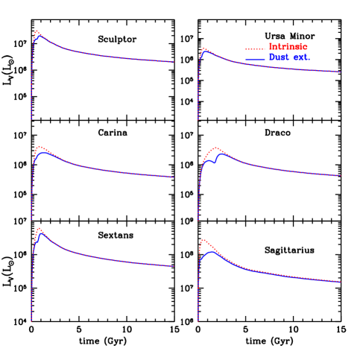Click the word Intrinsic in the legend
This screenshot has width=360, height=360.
tap(288, 47)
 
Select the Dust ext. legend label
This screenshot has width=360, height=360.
tap(288, 57)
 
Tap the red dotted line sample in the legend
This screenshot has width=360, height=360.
tap(255, 48)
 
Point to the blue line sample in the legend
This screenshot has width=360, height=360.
tap(255, 58)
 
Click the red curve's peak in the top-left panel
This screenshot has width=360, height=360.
tap(37, 31)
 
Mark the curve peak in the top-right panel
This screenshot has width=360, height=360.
tap(204, 49)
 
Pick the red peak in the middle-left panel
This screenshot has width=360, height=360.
tap(40, 147)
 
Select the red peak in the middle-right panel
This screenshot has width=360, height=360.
tap(216, 148)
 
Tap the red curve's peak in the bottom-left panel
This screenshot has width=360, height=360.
tap(39, 229)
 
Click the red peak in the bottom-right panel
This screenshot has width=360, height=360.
tap(203, 240)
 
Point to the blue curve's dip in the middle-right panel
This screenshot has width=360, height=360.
tap(213, 161)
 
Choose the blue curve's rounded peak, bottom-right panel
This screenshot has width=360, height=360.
tap(212, 252)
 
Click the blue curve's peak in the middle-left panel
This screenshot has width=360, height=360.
tap(44, 152)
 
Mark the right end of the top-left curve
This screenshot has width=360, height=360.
tap(174, 62)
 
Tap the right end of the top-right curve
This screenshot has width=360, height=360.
tap(341, 72)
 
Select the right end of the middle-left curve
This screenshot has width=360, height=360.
tap(174, 177)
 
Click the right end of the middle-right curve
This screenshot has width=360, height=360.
tap(341, 176)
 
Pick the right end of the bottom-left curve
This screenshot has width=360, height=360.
tap(174, 266)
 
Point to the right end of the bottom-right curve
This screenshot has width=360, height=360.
tap(341, 282)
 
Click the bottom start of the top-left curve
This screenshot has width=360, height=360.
tap(31, 119)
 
